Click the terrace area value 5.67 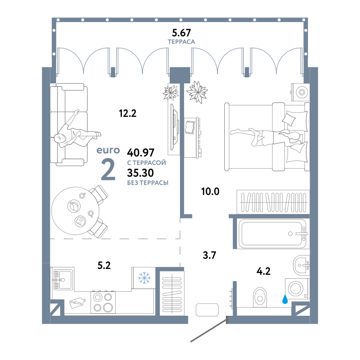pos(182,33)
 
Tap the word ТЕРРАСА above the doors pos(182,42)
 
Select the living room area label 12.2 pos(128,113)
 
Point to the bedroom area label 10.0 pos(210,191)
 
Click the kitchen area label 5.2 pos(104,265)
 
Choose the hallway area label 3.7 pos(209,255)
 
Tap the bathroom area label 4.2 pos(263,271)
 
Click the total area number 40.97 pos(140,152)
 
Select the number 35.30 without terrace pos(140,173)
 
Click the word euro pos(108,150)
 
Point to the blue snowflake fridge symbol pos(144,278)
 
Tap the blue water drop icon pos(285,299)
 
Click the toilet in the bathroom pos(260,297)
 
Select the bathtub pos(273,233)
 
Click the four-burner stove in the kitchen pos(103,302)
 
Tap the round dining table pos(75,211)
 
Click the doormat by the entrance pos(207,310)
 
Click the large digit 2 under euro pos(108,169)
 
